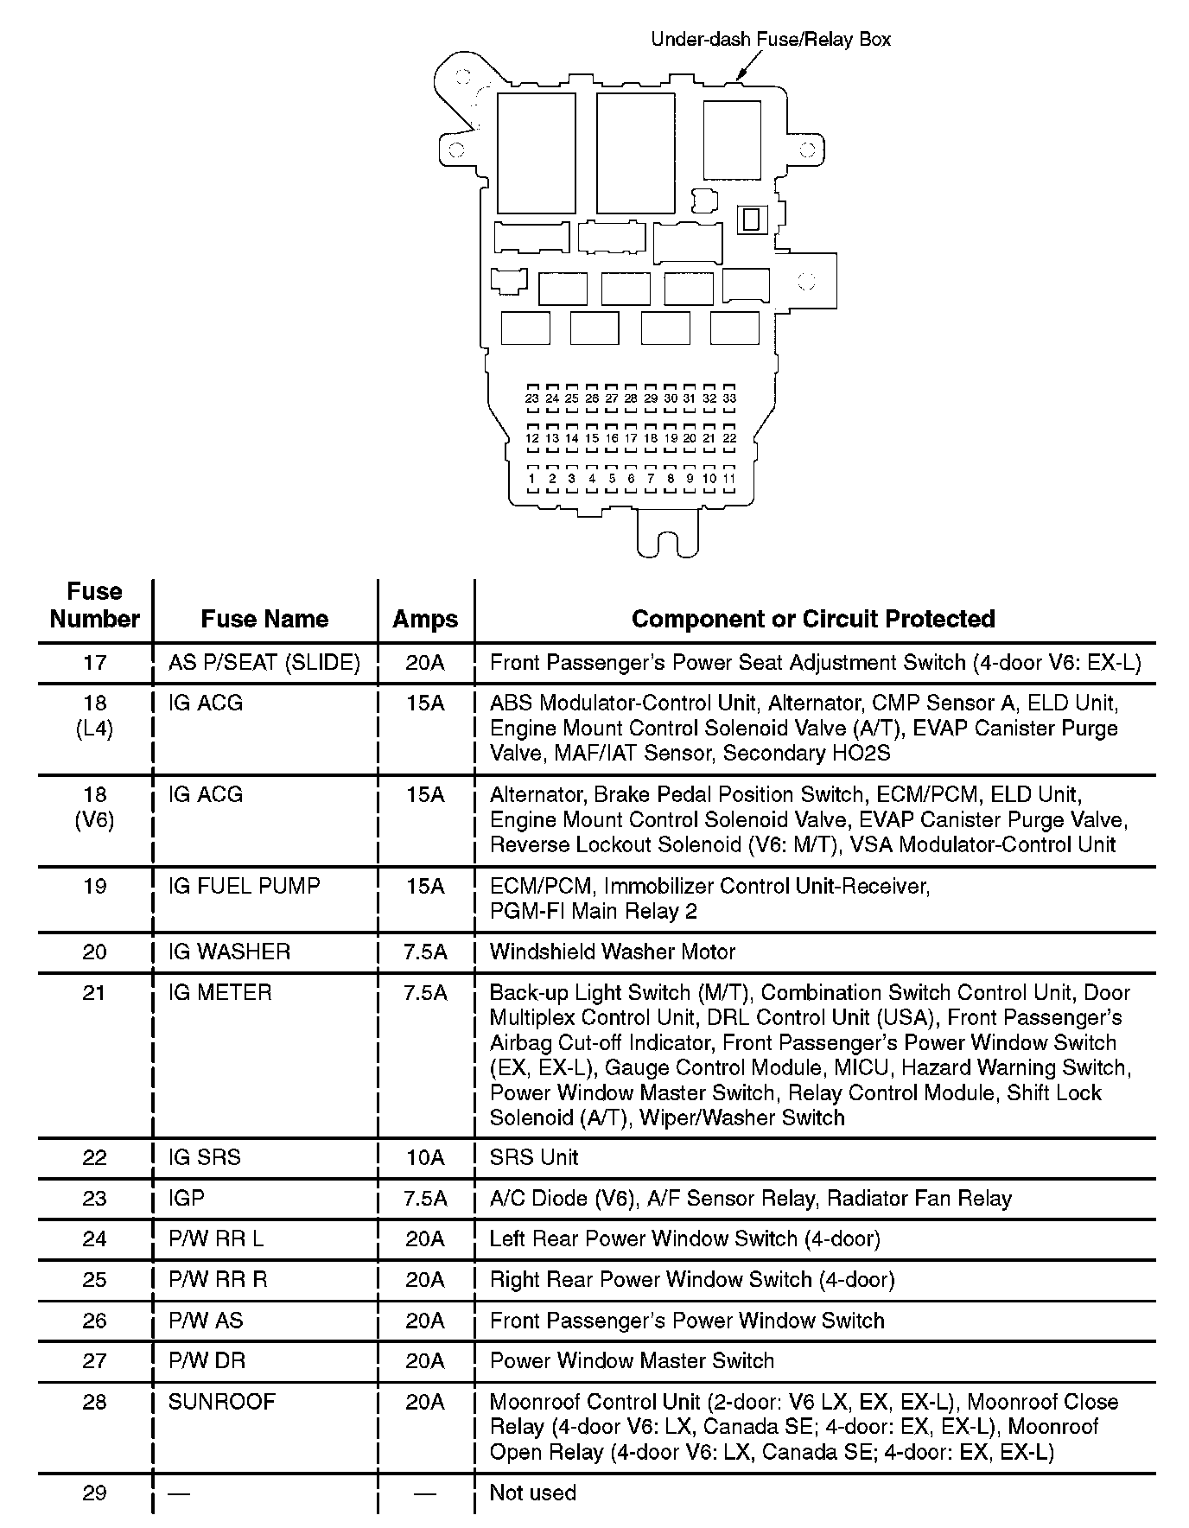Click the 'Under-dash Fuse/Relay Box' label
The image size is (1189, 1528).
770,39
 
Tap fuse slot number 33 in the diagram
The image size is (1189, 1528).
729,398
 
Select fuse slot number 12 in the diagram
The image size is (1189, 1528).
532,438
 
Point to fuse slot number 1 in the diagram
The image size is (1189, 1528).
532,478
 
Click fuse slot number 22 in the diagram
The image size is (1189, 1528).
729,438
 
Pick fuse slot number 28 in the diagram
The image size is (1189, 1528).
631,398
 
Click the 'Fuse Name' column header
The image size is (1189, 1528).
264,619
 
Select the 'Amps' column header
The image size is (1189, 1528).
425,619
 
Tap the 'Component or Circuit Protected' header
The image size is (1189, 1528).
813,619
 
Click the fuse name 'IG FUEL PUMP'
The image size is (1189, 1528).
245,886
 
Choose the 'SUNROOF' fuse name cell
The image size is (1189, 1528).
222,1402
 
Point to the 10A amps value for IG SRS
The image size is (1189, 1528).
425,1157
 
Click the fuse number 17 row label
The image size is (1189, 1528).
95,663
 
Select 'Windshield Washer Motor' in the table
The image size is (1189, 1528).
612,952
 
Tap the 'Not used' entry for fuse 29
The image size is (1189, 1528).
532,1493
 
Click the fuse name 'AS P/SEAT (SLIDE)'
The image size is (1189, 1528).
264,663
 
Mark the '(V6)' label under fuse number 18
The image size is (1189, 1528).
95,819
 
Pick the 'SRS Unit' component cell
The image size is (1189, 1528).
534,1157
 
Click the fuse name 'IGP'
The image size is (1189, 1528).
187,1198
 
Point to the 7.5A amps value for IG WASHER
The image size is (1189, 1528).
425,952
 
